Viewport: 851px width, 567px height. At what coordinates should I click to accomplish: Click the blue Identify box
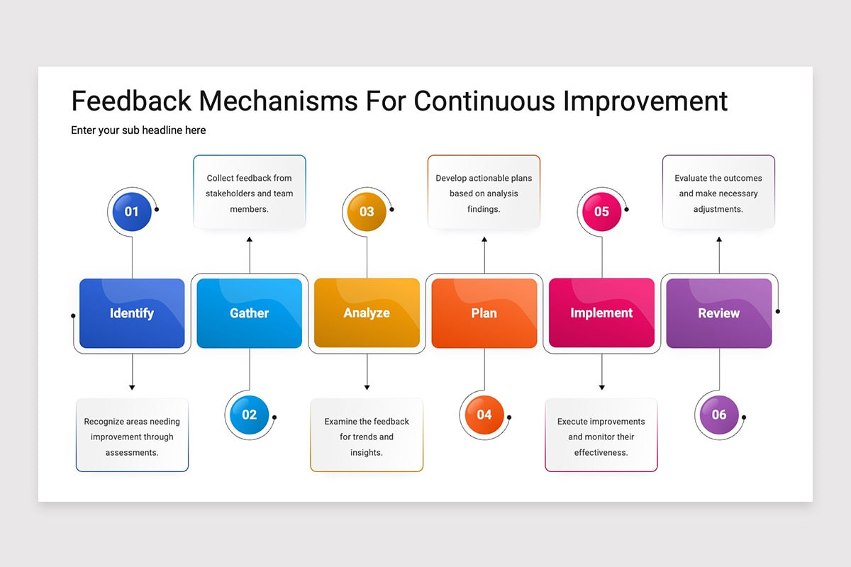(132, 313)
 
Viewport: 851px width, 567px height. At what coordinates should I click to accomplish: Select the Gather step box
(249, 313)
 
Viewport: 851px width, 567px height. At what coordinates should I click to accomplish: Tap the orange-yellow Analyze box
(367, 313)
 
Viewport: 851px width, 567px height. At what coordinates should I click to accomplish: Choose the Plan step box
(484, 313)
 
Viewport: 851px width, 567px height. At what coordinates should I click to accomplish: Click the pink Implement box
(601, 313)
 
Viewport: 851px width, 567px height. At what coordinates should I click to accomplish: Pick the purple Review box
(718, 313)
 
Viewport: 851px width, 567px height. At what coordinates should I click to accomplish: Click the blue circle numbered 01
(132, 211)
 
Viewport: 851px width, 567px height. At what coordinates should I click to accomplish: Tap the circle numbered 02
(249, 415)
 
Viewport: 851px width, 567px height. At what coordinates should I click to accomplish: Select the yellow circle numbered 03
(367, 211)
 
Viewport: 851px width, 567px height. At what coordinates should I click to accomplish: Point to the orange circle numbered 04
(484, 415)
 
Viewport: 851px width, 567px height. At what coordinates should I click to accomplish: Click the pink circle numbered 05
(601, 211)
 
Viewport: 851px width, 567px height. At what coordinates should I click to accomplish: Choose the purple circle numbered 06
(718, 415)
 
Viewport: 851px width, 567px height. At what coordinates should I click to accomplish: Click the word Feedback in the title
(131, 101)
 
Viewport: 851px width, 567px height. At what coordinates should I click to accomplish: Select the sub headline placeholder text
(138, 130)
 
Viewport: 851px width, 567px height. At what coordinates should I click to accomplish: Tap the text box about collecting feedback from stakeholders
(249, 193)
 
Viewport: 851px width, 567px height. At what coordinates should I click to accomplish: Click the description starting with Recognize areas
(132, 436)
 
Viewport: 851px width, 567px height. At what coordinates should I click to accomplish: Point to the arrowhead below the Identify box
(132, 387)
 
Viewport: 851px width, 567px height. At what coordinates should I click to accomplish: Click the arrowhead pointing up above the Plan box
(484, 240)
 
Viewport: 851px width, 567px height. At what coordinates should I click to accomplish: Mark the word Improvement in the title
(645, 101)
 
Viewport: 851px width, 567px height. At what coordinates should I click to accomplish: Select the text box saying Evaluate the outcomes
(718, 193)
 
